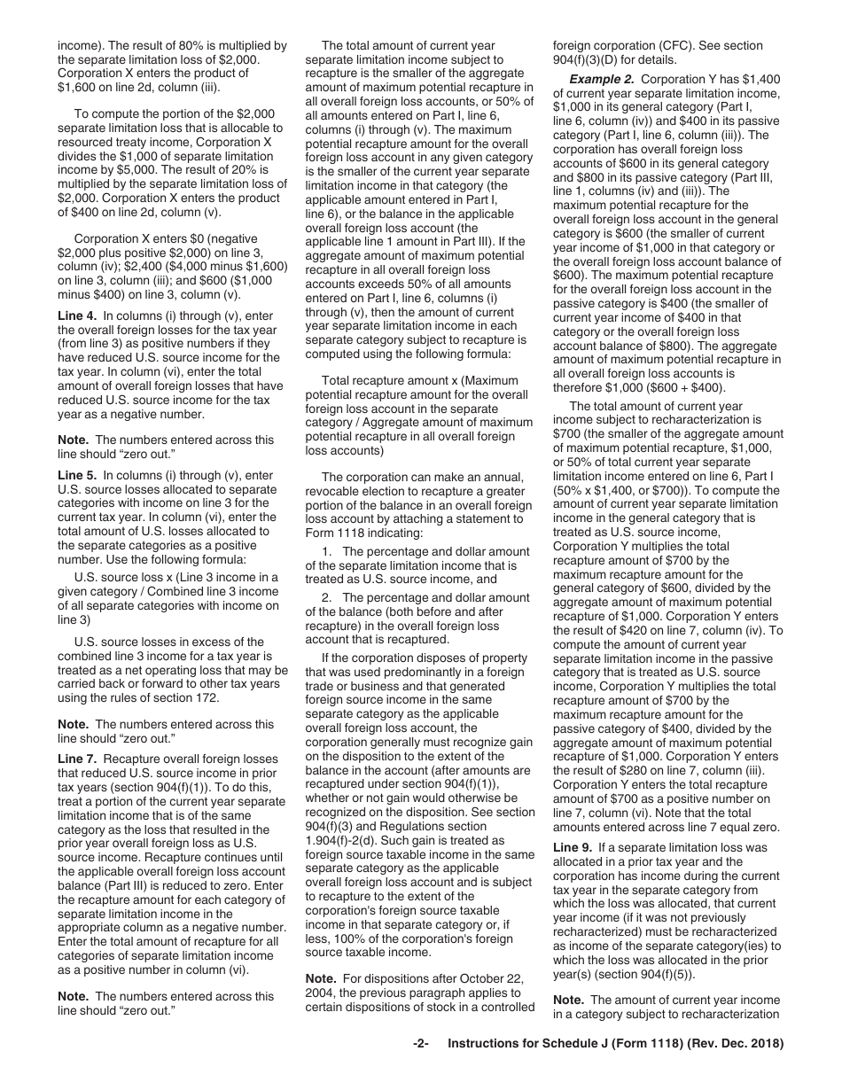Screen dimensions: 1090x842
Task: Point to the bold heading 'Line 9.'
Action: pyautogui.click(x=573, y=847)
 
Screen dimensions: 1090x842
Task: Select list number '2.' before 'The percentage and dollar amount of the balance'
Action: pyautogui.click(x=327, y=598)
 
